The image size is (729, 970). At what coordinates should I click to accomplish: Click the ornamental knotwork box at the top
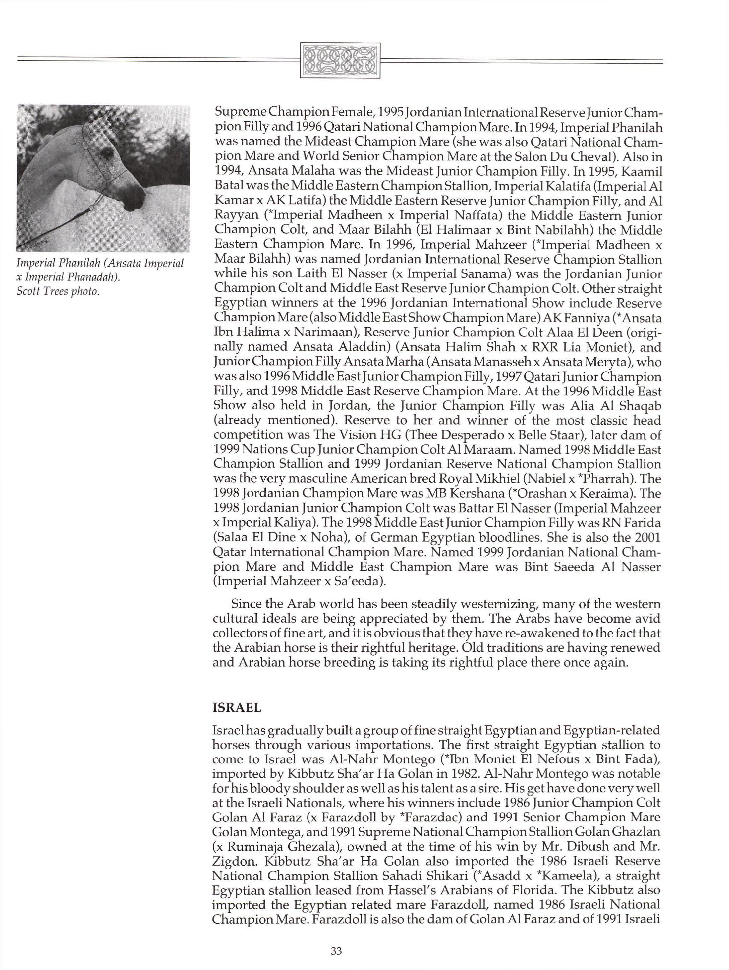pos(340,61)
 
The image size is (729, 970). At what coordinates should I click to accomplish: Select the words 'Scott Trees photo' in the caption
pos(57,291)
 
